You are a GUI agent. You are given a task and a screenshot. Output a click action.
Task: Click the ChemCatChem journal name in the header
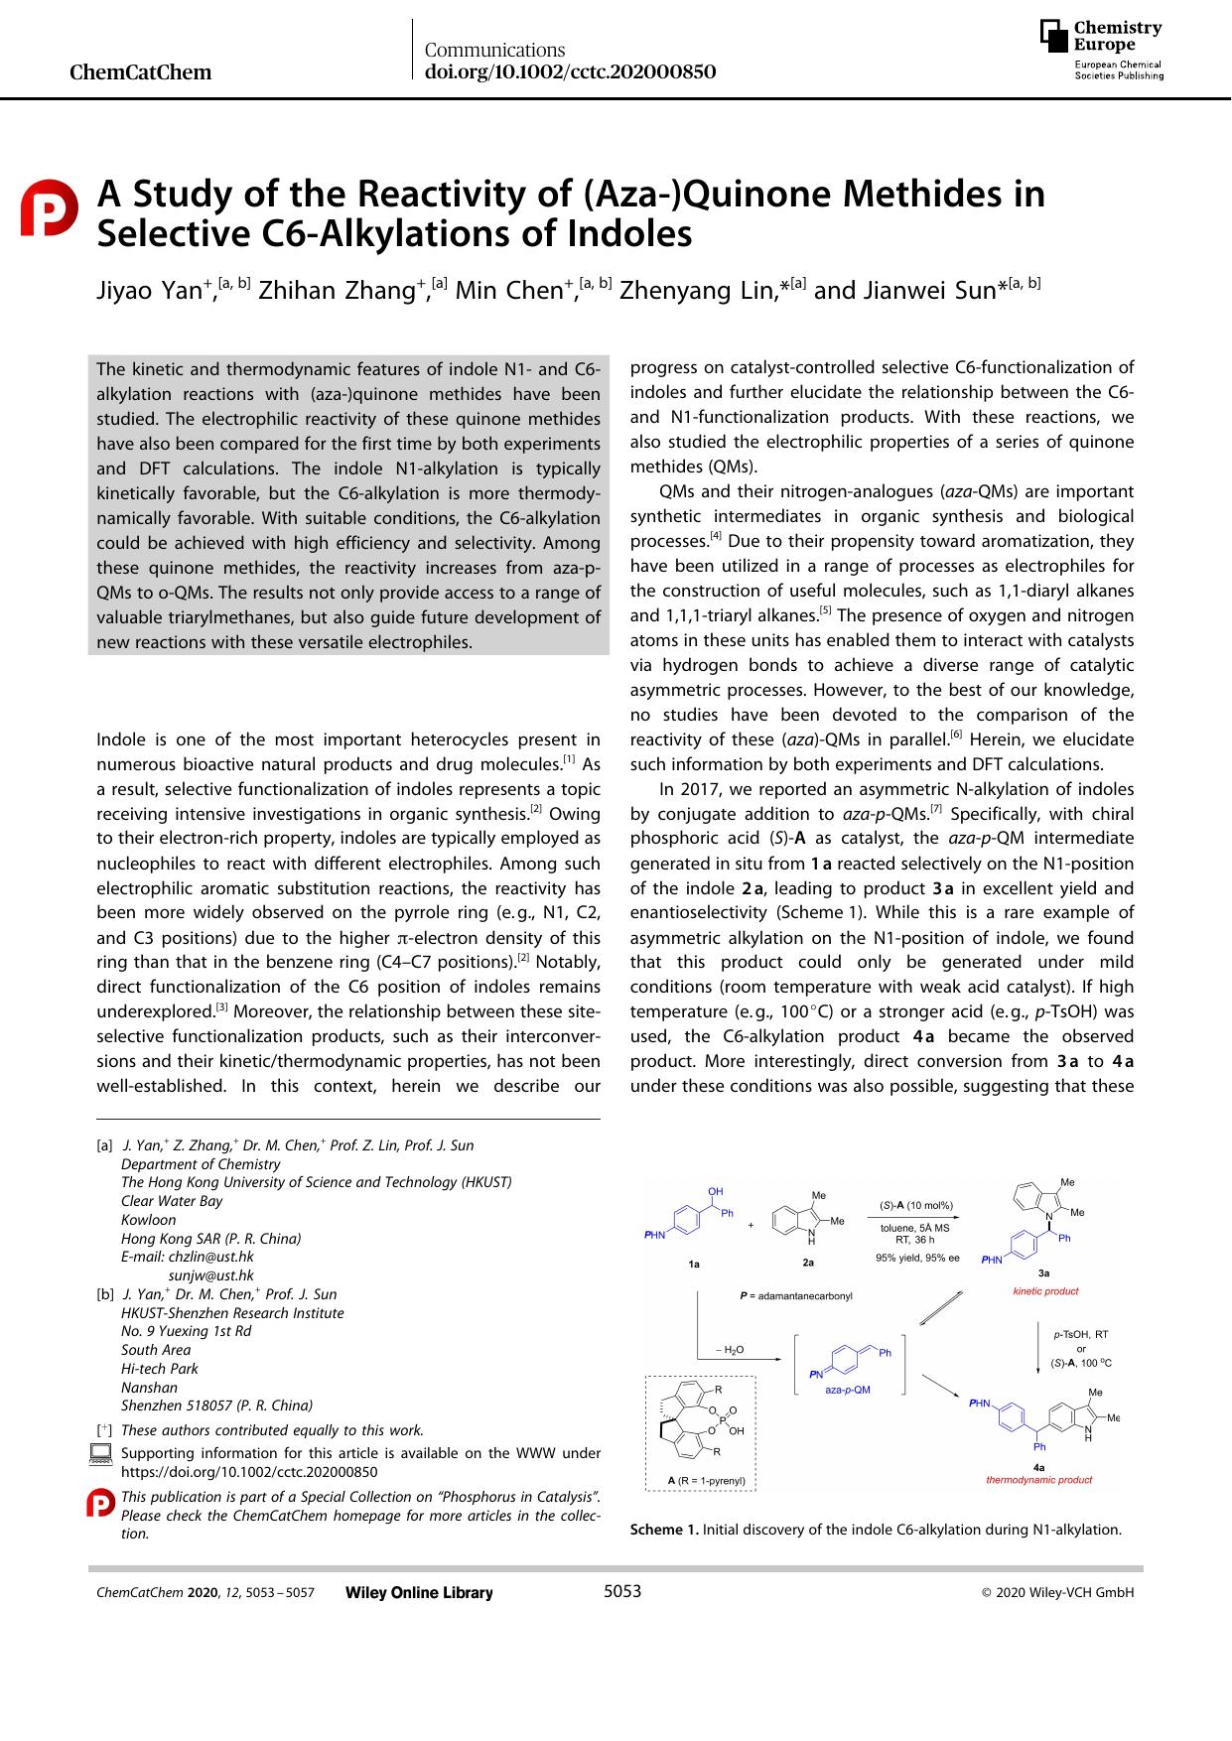141,72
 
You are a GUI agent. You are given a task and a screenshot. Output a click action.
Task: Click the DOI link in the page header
570,72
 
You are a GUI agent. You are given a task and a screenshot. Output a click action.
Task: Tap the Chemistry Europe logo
1101,49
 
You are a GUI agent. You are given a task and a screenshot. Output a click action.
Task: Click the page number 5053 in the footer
622,1592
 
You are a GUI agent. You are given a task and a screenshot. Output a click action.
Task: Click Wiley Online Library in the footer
418,1593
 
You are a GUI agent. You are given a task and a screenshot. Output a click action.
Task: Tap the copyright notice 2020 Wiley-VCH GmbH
1057,1593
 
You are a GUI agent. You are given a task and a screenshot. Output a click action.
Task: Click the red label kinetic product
1044,1291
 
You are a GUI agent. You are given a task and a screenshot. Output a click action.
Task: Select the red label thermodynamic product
1038,1480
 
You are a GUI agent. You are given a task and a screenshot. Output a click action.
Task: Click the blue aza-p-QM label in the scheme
847,1390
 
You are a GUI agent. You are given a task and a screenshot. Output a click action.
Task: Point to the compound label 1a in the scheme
694,1264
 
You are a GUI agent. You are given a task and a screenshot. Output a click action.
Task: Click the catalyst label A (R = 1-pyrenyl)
706,1481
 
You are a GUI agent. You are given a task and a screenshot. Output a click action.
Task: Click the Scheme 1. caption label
664,1530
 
